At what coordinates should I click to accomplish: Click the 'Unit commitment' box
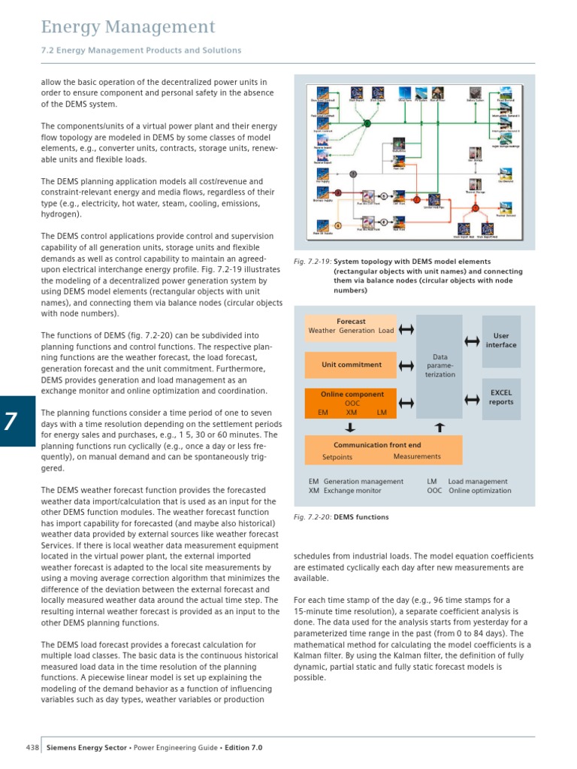351,365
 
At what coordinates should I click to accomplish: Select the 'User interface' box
501,341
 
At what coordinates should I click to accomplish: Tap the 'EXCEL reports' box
501,397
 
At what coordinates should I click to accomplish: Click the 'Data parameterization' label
440,365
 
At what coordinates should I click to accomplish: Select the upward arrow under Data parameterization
440,427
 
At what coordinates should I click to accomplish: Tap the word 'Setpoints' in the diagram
337,457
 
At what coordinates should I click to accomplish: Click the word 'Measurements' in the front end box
417,456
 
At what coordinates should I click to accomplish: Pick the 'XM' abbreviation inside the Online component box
352,413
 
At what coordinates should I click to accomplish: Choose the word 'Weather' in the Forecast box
322,331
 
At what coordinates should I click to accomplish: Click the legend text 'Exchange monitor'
353,491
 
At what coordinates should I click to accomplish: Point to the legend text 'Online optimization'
479,491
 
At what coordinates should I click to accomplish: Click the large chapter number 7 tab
17,421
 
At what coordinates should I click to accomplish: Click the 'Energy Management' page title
128,28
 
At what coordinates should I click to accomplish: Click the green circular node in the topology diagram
367,123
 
